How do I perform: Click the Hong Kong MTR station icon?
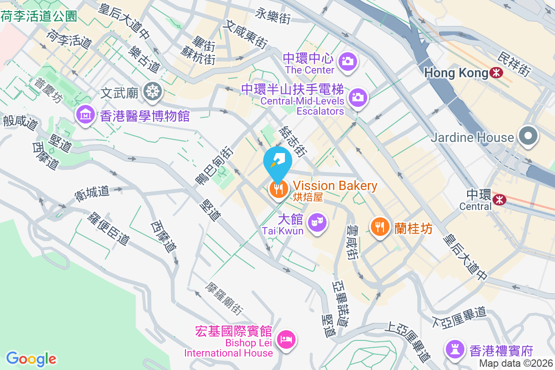tap(497, 73)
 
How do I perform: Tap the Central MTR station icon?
tap(499, 200)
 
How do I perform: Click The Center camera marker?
tap(347, 61)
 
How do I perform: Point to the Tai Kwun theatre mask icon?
tap(317, 223)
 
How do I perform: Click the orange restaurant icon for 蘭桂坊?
tap(379, 226)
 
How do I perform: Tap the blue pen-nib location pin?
tap(277, 162)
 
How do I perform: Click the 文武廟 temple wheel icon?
tap(151, 92)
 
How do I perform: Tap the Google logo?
tap(31, 359)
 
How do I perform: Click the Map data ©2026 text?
tap(516, 364)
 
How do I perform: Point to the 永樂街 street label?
tap(272, 17)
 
